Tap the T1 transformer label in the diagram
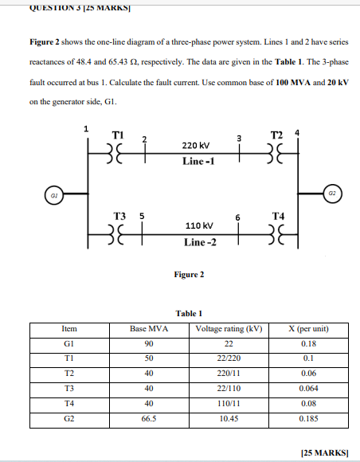pos(118,134)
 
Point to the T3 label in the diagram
pos(119,216)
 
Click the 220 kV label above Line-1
pos(195,147)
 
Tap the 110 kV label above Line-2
pos(195,226)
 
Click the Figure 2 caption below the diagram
pos(189,275)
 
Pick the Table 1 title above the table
pos(189,313)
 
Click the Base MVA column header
pos(149,328)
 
